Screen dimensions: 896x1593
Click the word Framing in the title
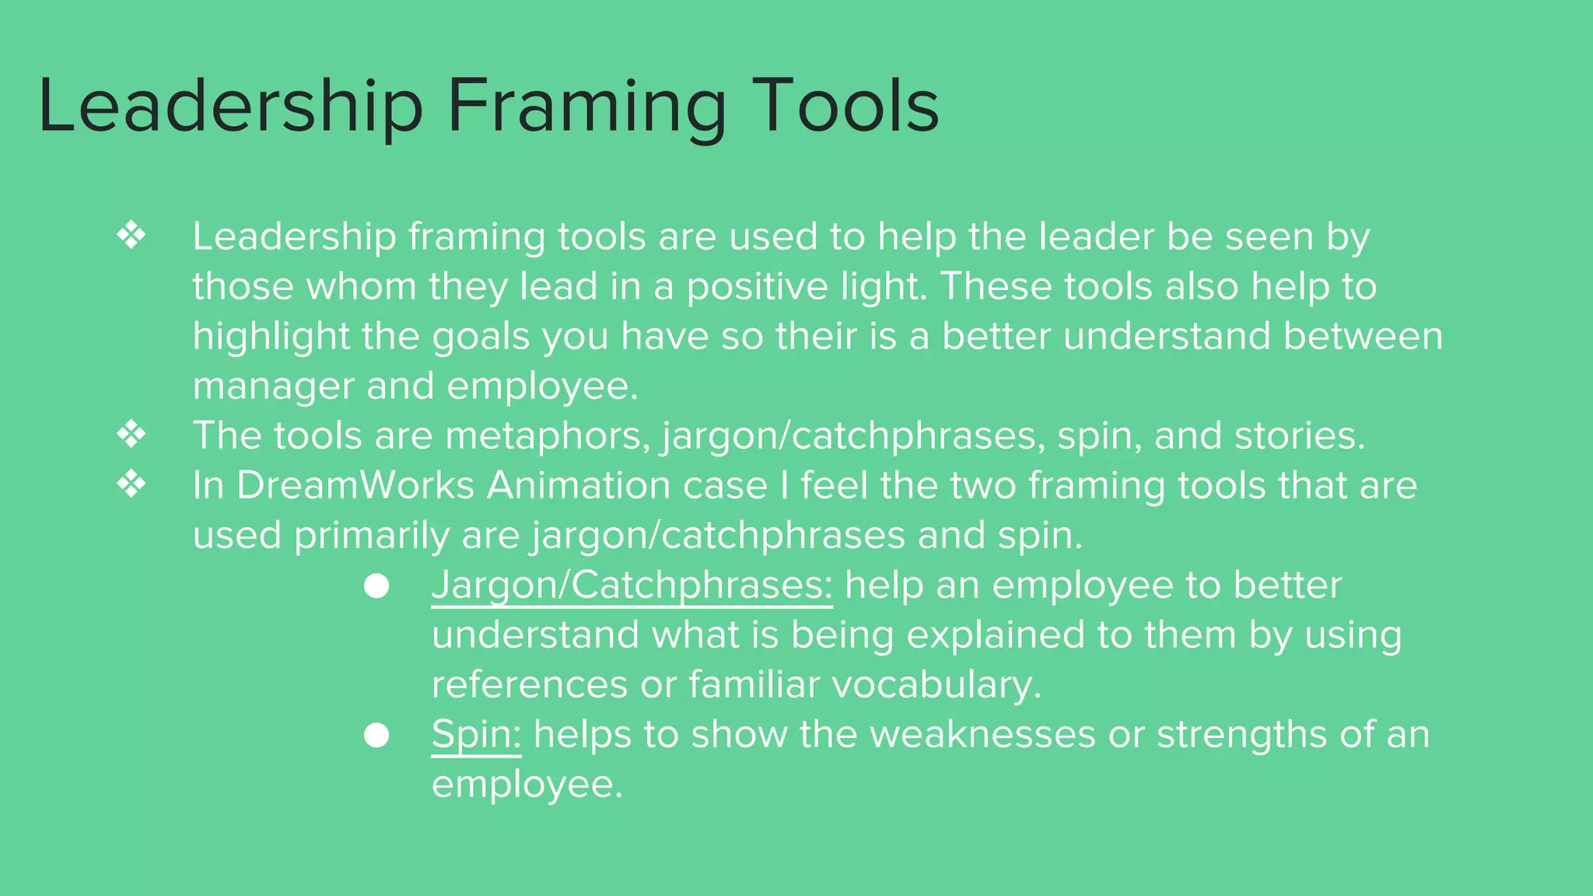click(587, 107)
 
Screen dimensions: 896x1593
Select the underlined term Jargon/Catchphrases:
click(632, 585)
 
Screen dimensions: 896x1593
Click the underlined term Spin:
click(476, 734)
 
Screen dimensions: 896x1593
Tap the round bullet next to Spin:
click(376, 735)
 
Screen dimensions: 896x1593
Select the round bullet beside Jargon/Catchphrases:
click(376, 586)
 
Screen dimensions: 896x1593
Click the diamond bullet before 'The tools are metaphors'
click(131, 434)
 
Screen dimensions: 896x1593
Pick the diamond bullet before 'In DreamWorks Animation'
click(131, 484)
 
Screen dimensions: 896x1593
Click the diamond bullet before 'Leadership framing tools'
click(131, 235)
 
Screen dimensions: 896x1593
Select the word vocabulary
click(937, 684)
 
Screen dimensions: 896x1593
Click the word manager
click(273, 387)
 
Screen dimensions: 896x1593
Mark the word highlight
click(271, 337)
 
